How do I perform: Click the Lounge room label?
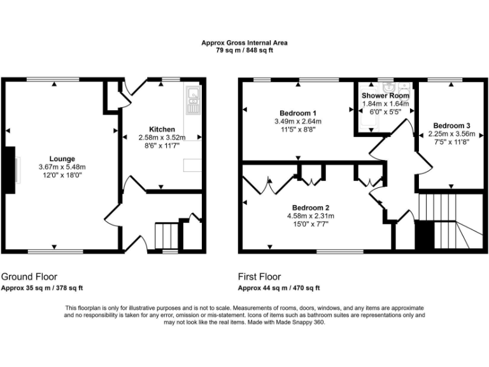(62, 159)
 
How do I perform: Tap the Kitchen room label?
(162, 129)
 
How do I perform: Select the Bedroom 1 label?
(297, 113)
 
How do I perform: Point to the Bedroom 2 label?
(311, 208)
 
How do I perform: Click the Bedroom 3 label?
(451, 126)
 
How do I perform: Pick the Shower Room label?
(386, 96)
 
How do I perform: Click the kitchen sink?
(193, 99)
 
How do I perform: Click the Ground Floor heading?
(29, 277)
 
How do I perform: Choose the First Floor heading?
(260, 277)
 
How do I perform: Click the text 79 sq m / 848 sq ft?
(244, 50)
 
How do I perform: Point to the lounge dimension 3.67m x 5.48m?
(62, 167)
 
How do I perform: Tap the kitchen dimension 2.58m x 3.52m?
(162, 137)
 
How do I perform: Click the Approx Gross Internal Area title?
(244, 43)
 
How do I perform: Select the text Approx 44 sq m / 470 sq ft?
(279, 288)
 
